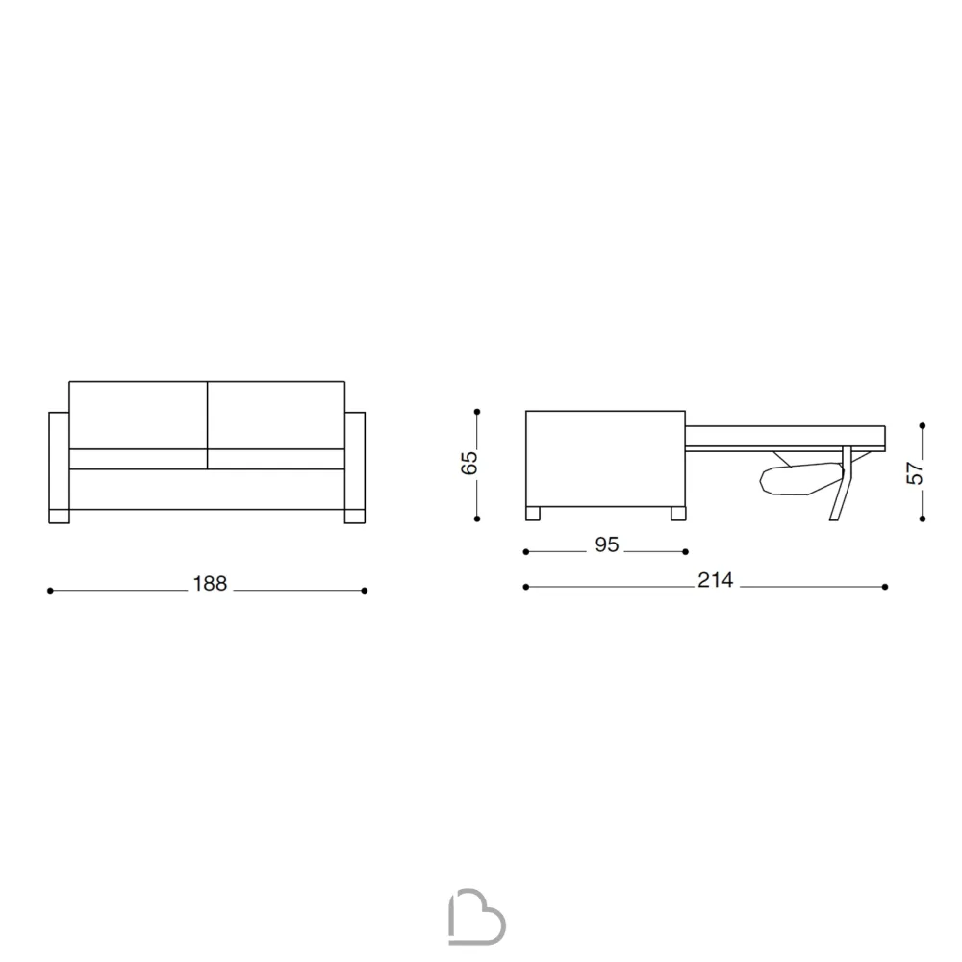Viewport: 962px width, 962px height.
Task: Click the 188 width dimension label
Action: pos(210,584)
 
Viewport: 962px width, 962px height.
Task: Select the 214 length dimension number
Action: pos(716,580)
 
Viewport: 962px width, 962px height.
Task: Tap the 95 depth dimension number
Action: pos(607,544)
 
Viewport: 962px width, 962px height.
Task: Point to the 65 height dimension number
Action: pos(468,463)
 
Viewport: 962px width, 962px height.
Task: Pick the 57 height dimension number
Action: pos(914,472)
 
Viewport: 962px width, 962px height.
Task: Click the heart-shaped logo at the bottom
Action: pos(477,917)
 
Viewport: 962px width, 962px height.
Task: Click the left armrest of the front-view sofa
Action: pos(59,468)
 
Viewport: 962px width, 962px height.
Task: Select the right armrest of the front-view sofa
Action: pos(355,468)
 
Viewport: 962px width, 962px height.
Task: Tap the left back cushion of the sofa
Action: pos(138,415)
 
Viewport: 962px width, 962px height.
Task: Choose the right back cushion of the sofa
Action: pos(276,415)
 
